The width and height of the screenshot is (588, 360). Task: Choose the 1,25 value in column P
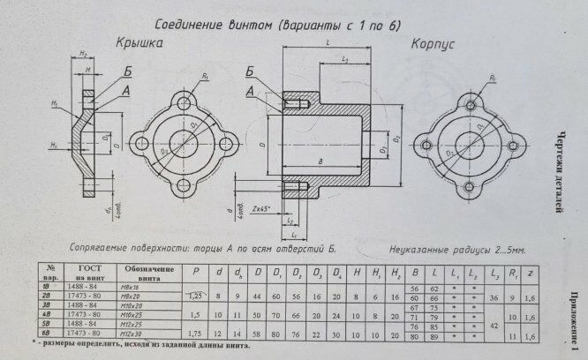(196, 296)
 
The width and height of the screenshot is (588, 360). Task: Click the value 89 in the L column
(434, 335)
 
